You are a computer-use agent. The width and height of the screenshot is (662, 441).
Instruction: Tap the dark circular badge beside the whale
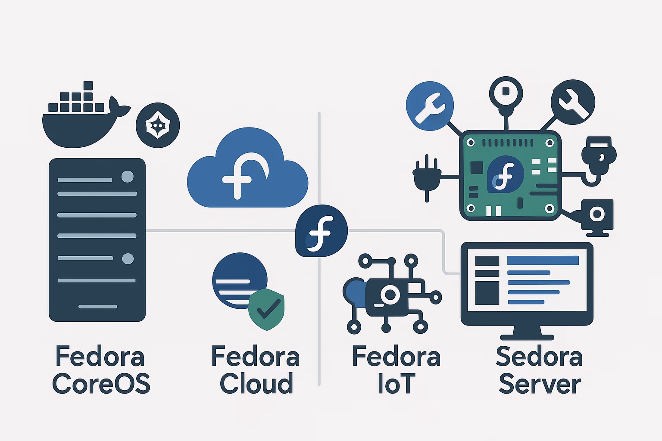click(x=158, y=126)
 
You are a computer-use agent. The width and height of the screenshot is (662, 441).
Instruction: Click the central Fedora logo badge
click(x=321, y=231)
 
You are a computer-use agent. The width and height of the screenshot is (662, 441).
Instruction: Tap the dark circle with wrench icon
click(x=573, y=102)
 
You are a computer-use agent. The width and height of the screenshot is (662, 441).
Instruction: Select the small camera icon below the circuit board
click(x=596, y=215)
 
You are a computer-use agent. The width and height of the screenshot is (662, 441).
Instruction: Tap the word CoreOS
click(x=101, y=384)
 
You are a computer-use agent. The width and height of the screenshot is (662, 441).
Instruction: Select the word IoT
click(x=396, y=384)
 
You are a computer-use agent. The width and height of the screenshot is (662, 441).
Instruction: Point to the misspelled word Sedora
click(x=539, y=357)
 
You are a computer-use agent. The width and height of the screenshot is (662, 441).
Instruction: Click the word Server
click(x=540, y=384)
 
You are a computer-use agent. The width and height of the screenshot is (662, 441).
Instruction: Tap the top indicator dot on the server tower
click(x=128, y=177)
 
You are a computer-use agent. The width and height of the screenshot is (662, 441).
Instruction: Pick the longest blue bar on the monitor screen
click(x=543, y=261)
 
